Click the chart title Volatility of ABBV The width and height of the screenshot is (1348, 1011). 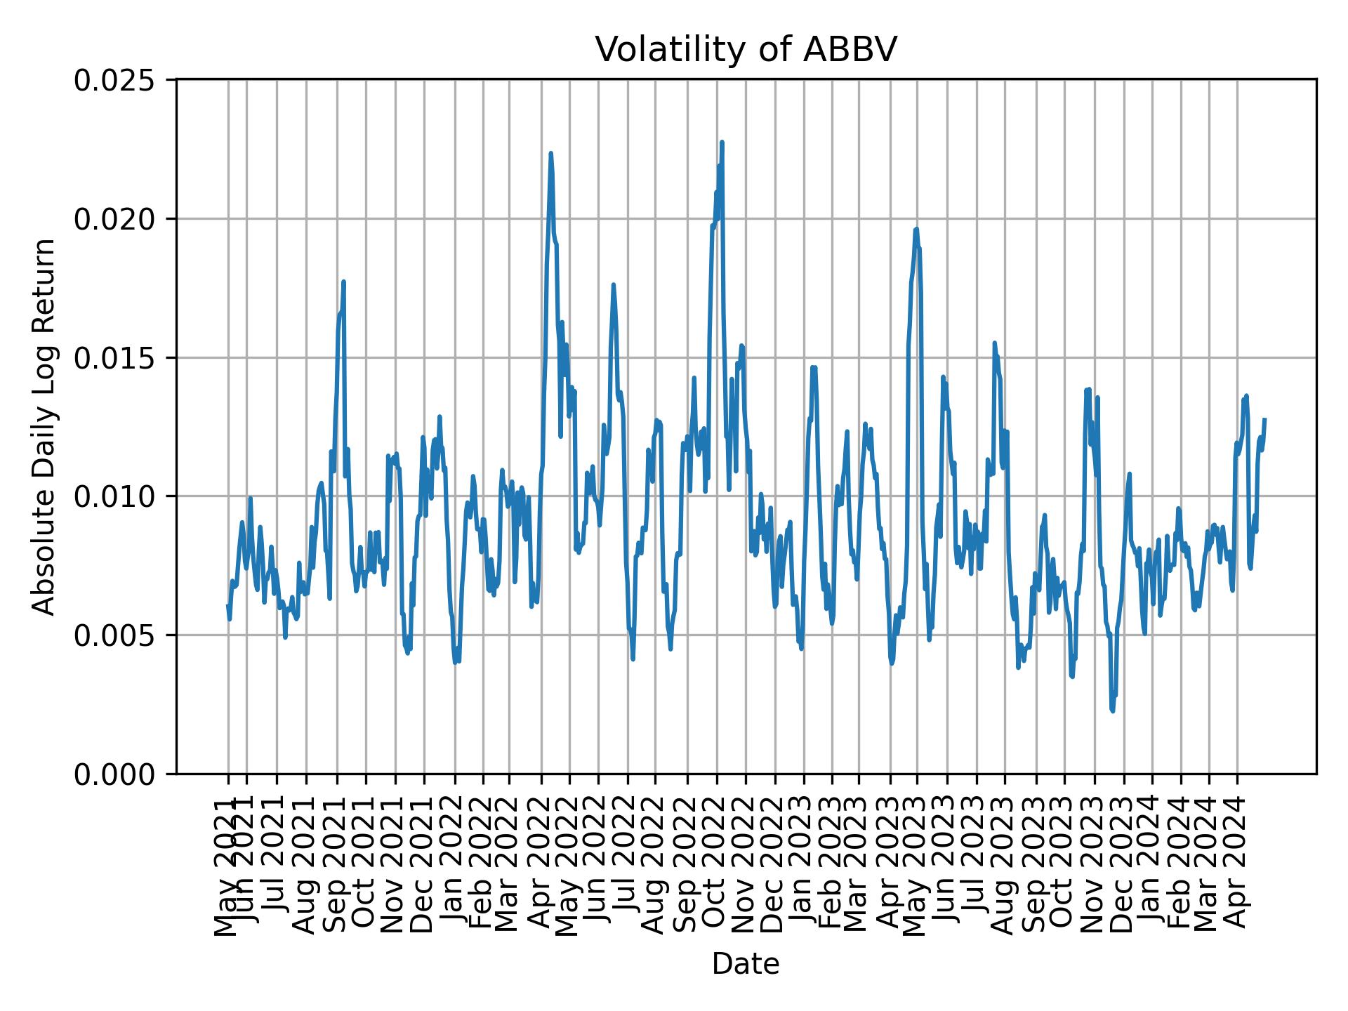(746, 50)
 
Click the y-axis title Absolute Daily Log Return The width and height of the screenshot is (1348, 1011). (45, 426)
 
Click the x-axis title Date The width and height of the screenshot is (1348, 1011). (746, 964)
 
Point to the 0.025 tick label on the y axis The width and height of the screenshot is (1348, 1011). (114, 81)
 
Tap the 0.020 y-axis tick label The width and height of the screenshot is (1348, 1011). (114, 219)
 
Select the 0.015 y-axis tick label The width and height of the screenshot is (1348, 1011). (114, 358)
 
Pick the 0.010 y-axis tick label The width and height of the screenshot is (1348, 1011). (114, 496)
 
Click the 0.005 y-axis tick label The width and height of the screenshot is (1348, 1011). (114, 635)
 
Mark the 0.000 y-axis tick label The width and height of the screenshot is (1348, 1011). (114, 774)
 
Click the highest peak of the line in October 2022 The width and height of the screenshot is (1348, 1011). (722, 142)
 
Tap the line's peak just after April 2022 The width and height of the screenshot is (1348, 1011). (550, 153)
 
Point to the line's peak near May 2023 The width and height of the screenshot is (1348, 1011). (916, 229)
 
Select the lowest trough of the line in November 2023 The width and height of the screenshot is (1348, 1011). (1112, 711)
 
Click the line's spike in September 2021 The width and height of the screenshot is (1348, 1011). (343, 282)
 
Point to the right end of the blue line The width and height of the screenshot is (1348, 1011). (1264, 419)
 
